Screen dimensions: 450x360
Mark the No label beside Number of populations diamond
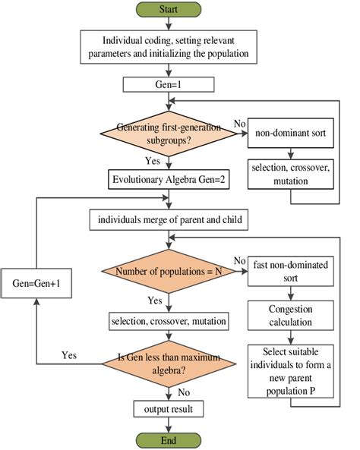pyautogui.click(x=240, y=261)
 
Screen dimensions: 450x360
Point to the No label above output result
pyautogui.click(x=185, y=392)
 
